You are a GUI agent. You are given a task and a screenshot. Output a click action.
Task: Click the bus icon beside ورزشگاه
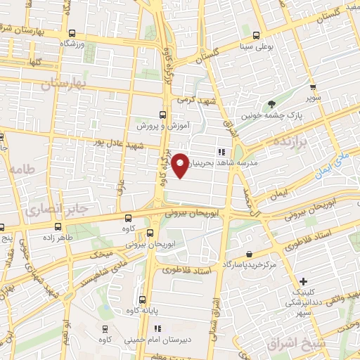tap(73, 33)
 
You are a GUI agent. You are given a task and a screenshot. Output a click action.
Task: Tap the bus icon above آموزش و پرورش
tap(162, 115)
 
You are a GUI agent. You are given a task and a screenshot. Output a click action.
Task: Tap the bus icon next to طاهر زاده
tap(58, 226)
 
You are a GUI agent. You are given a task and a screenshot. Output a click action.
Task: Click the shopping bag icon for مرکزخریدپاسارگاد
tap(249, 255)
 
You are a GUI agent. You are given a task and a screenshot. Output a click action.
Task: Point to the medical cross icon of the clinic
tap(304, 281)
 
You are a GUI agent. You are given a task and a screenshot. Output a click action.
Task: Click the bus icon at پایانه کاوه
tap(142, 299)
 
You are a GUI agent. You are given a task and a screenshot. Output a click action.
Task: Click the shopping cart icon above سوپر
tap(313, 87)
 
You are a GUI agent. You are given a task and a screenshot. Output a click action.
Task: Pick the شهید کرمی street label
tap(194, 101)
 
